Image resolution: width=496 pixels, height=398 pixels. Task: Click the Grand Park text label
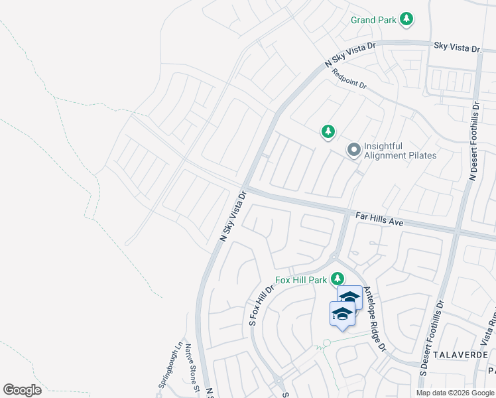tap(373, 20)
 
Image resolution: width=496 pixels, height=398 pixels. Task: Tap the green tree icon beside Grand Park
tap(407, 19)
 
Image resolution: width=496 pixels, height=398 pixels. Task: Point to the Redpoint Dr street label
tap(349, 78)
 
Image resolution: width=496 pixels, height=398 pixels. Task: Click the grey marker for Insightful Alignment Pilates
tap(354, 151)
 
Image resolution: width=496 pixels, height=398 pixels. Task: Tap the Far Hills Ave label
tap(379, 219)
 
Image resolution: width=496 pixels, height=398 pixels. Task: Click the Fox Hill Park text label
tap(302, 280)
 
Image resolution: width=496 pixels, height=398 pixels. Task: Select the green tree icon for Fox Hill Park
tap(338, 278)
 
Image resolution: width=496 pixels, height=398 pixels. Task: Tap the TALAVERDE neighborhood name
tap(462, 356)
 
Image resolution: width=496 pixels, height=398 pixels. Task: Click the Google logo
tap(22, 390)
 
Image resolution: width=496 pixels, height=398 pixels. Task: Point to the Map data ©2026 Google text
tap(454, 393)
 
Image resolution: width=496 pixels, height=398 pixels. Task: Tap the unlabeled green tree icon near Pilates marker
tap(328, 132)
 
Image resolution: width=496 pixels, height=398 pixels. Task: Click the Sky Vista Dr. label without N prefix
tap(458, 48)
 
